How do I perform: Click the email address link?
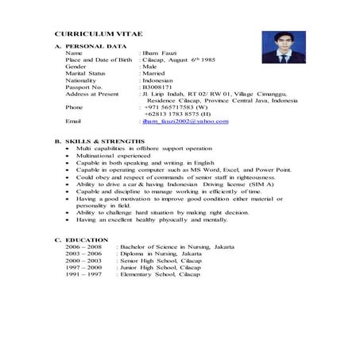(184, 121)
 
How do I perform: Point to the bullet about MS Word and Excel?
(172, 169)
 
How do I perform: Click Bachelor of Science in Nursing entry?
(176, 247)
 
